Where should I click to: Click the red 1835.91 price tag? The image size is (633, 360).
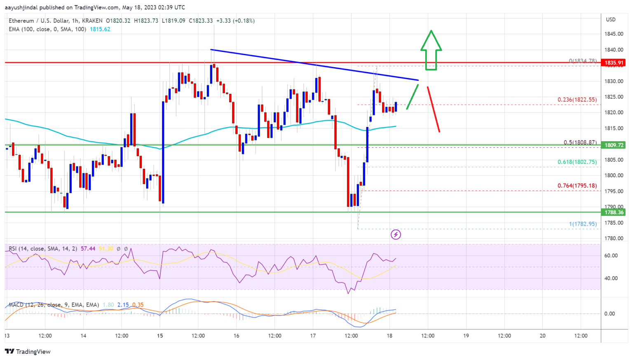(x=614, y=63)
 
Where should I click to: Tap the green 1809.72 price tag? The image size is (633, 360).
(x=614, y=145)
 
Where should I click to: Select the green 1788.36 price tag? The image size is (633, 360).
(x=614, y=213)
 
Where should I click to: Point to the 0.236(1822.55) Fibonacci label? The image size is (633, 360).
(x=577, y=100)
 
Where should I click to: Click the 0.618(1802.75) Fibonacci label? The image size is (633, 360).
(x=577, y=162)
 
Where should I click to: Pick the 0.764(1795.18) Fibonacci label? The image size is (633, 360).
(x=577, y=186)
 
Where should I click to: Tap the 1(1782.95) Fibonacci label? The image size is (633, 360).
(x=583, y=224)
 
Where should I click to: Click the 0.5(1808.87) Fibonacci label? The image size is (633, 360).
(x=580, y=143)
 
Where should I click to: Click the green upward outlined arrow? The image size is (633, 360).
(x=431, y=49)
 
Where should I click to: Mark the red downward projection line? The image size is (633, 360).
(x=433, y=109)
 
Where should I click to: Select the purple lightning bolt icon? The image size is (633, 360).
(x=396, y=235)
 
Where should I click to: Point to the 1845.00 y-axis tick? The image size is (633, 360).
(x=614, y=34)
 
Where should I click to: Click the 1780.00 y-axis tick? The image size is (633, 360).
(x=614, y=238)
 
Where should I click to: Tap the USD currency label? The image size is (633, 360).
(x=611, y=20)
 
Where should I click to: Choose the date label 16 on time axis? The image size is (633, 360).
(x=236, y=336)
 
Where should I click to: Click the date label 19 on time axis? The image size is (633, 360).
(x=466, y=336)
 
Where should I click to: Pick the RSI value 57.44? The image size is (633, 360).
(x=88, y=249)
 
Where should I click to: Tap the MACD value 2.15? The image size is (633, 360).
(x=123, y=305)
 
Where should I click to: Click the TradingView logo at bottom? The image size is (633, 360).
(x=28, y=351)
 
